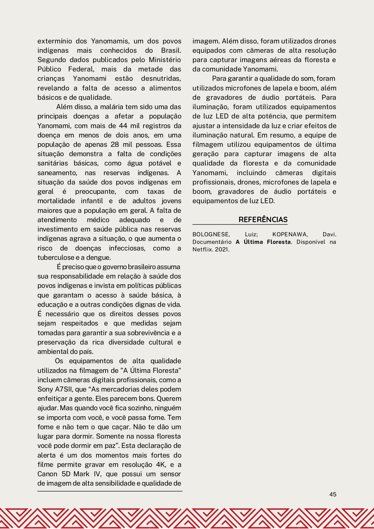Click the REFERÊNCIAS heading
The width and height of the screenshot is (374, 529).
coord(263,219)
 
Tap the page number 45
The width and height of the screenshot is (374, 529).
coord(333,494)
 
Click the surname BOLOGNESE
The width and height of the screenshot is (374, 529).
coord(211,235)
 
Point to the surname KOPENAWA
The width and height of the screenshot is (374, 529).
coord(290,235)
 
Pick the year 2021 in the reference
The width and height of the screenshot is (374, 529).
coord(222,249)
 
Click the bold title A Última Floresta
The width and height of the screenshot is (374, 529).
coord(263,242)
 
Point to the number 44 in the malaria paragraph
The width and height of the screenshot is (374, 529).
coord(123,126)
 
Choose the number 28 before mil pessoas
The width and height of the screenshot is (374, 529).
coord(115,144)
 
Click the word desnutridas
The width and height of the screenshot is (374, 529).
coord(161,79)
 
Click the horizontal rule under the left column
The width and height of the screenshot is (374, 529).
coord(110,491)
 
